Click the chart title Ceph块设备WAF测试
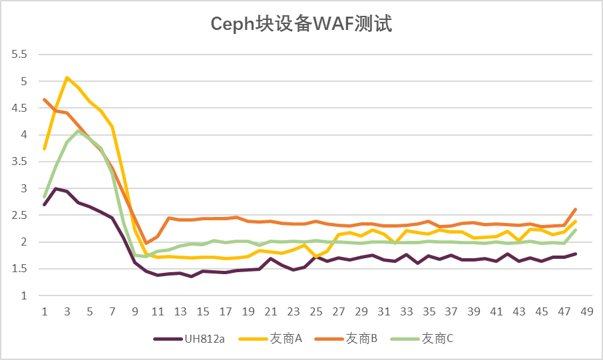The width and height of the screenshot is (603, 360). pos(301,25)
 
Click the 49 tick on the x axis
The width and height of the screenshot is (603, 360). pos(587,311)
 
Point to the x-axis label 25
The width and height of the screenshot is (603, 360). pos(316,311)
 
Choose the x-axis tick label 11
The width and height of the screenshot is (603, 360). pos(158,311)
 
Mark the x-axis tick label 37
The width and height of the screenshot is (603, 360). pos(451,311)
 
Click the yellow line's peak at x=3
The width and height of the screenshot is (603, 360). pos(67,78)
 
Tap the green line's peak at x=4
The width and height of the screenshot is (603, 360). pos(79,131)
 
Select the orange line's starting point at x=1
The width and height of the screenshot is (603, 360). pos(45,100)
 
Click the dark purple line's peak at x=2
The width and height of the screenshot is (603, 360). pos(56,188)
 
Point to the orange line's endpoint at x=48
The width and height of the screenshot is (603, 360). pos(575,209)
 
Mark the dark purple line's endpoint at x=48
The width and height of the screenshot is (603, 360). pos(575,254)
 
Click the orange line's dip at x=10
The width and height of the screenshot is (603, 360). pos(146,244)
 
